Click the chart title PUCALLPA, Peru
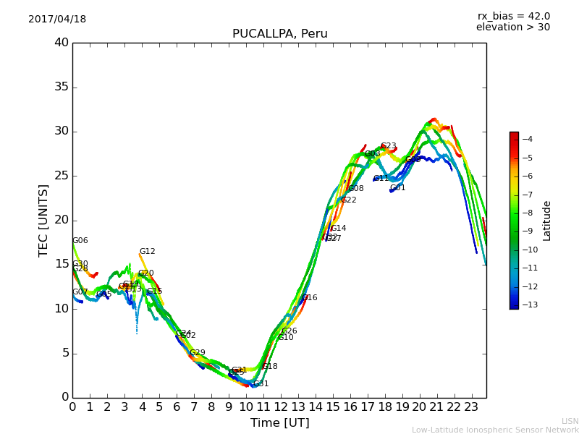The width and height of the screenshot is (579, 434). click(x=279, y=34)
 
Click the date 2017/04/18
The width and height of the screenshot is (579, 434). click(x=57, y=20)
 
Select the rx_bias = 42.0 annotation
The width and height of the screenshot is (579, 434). click(x=513, y=17)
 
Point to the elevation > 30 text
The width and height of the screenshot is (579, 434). click(x=512, y=27)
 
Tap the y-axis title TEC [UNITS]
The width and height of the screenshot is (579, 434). click(x=44, y=220)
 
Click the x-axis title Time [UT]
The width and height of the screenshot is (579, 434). click(x=279, y=423)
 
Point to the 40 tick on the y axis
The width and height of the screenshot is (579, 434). click(x=61, y=43)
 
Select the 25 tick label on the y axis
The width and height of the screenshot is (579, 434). click(x=61, y=176)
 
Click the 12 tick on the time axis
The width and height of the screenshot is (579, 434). click(x=281, y=407)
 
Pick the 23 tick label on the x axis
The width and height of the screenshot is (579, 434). click(x=472, y=407)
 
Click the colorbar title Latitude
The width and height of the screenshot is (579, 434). click(x=547, y=220)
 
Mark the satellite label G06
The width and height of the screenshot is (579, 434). click(x=80, y=241)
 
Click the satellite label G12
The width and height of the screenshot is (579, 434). click(x=147, y=252)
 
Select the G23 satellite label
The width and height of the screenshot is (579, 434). click(x=388, y=146)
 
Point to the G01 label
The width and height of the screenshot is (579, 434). click(x=397, y=188)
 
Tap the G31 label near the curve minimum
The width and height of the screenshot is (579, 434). click(x=261, y=384)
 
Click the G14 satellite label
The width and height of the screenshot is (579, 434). click(x=338, y=229)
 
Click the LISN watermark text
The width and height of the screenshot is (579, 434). click(x=570, y=421)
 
